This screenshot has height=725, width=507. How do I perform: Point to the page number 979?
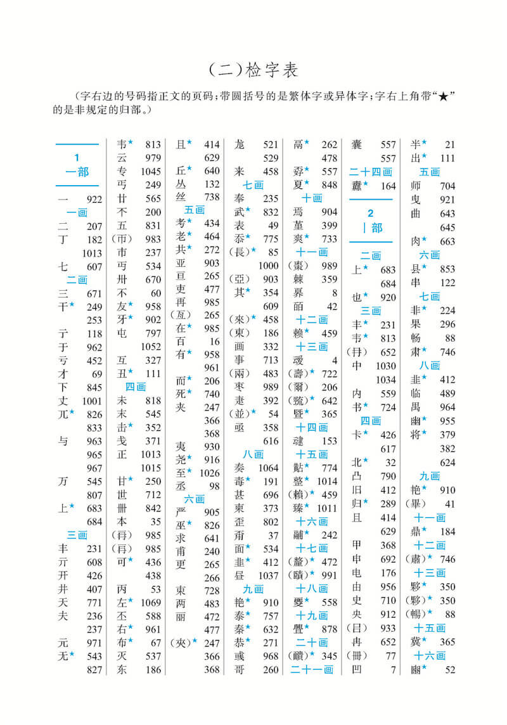click(153, 158)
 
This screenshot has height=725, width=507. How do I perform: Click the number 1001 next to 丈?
click(92, 401)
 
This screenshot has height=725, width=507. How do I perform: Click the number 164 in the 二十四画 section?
click(387, 186)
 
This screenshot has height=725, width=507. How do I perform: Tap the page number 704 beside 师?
click(447, 186)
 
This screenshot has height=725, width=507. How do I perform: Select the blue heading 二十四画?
click(371, 172)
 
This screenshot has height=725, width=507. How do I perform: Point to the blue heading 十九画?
click(312, 615)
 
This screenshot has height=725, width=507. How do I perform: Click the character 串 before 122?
click(416, 282)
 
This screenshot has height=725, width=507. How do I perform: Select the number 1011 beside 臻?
click(327, 508)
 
